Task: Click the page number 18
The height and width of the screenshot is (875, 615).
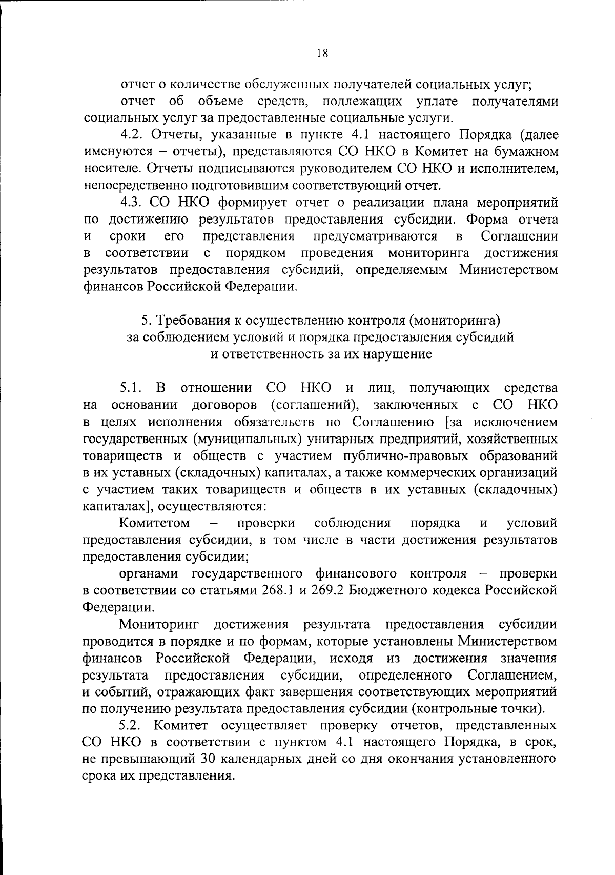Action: pyautogui.click(x=322, y=53)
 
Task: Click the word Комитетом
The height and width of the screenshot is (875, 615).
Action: pyautogui.click(x=154, y=523)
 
